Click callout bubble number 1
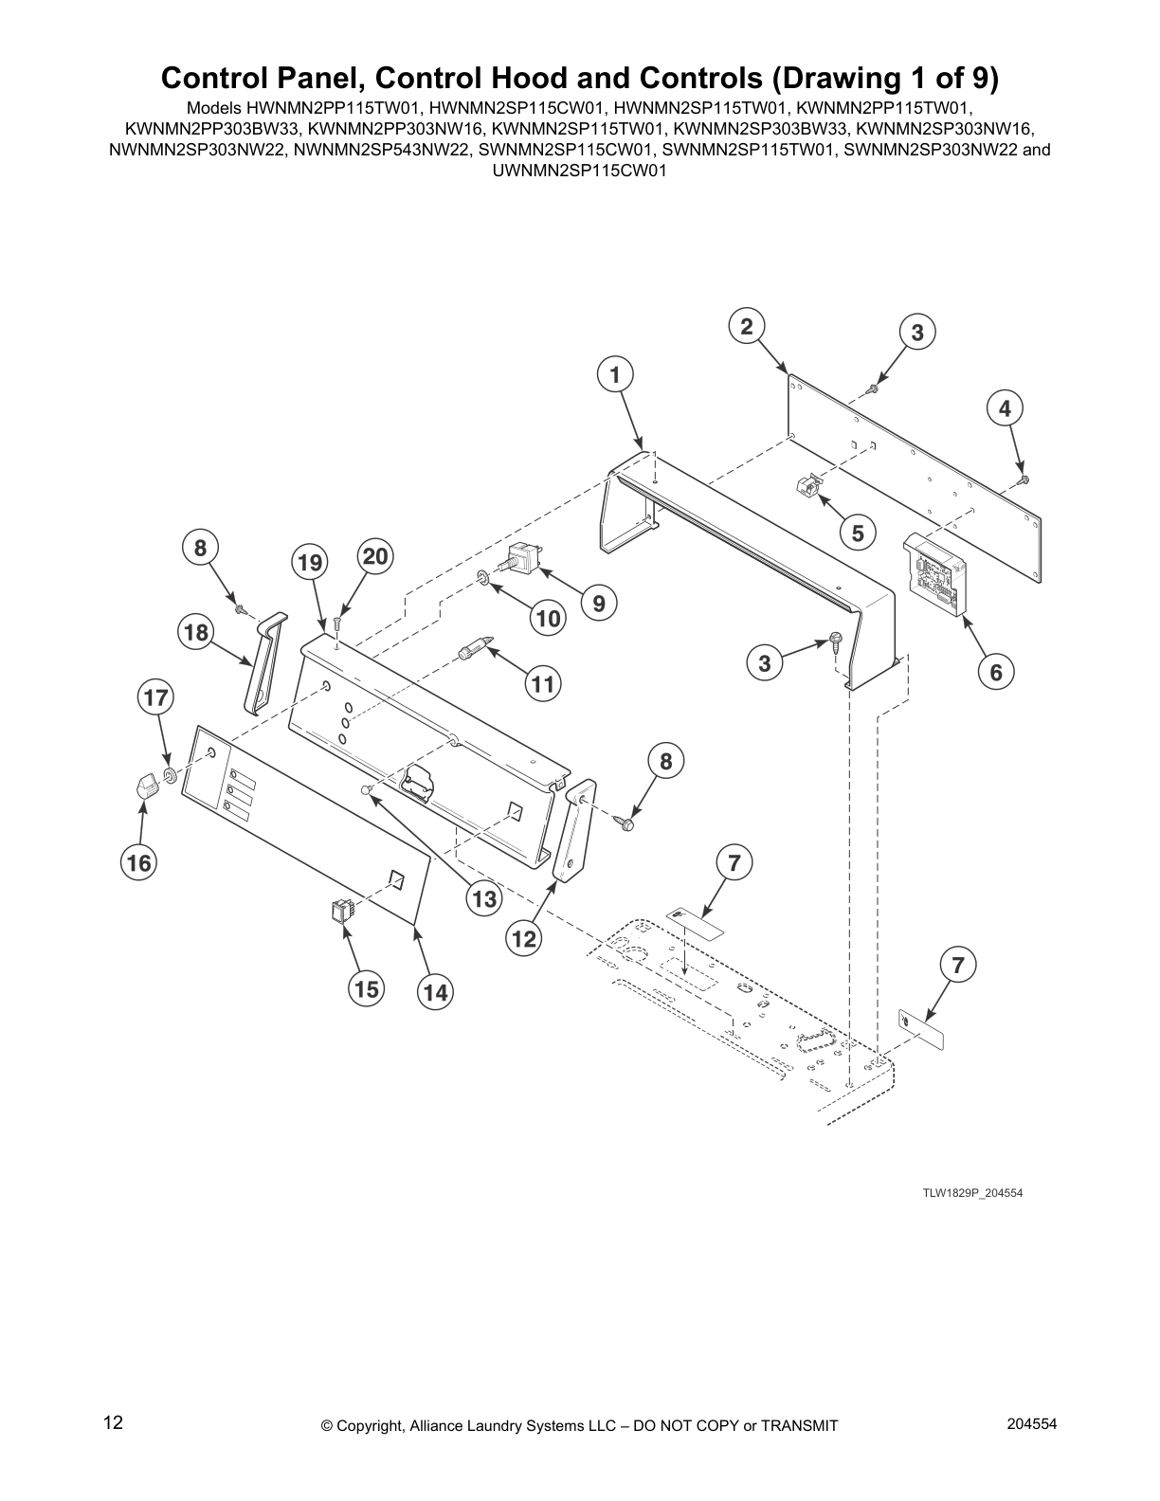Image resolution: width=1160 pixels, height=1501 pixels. tap(615, 374)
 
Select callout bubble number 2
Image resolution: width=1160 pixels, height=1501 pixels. tap(747, 326)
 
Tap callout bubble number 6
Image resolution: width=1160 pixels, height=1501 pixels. tap(996, 672)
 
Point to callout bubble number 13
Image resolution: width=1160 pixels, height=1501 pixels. tap(484, 898)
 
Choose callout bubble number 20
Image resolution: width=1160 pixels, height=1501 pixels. tap(375, 556)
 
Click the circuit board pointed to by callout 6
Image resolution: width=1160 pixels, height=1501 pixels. tap(938, 574)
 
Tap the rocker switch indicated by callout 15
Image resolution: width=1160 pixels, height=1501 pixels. tap(340, 912)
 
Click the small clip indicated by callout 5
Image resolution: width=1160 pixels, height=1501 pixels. tap(807, 487)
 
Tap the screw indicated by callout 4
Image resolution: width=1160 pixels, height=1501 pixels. tap(1022, 479)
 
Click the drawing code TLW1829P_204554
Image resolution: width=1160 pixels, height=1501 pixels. tap(972, 1193)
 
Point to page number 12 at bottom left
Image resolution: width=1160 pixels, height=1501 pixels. tap(113, 1422)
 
